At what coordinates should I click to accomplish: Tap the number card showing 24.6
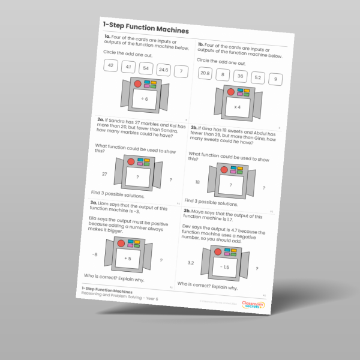coord(162,70)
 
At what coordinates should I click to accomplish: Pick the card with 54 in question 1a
coord(146,68)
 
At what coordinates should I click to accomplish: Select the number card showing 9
coord(275,79)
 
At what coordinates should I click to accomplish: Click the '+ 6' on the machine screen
coord(144,98)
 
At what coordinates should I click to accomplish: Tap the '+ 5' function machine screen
coord(127,258)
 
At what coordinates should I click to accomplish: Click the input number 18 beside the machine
coord(197,182)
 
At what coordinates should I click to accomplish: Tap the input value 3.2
coord(190,263)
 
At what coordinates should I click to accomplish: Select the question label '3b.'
coord(187,210)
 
